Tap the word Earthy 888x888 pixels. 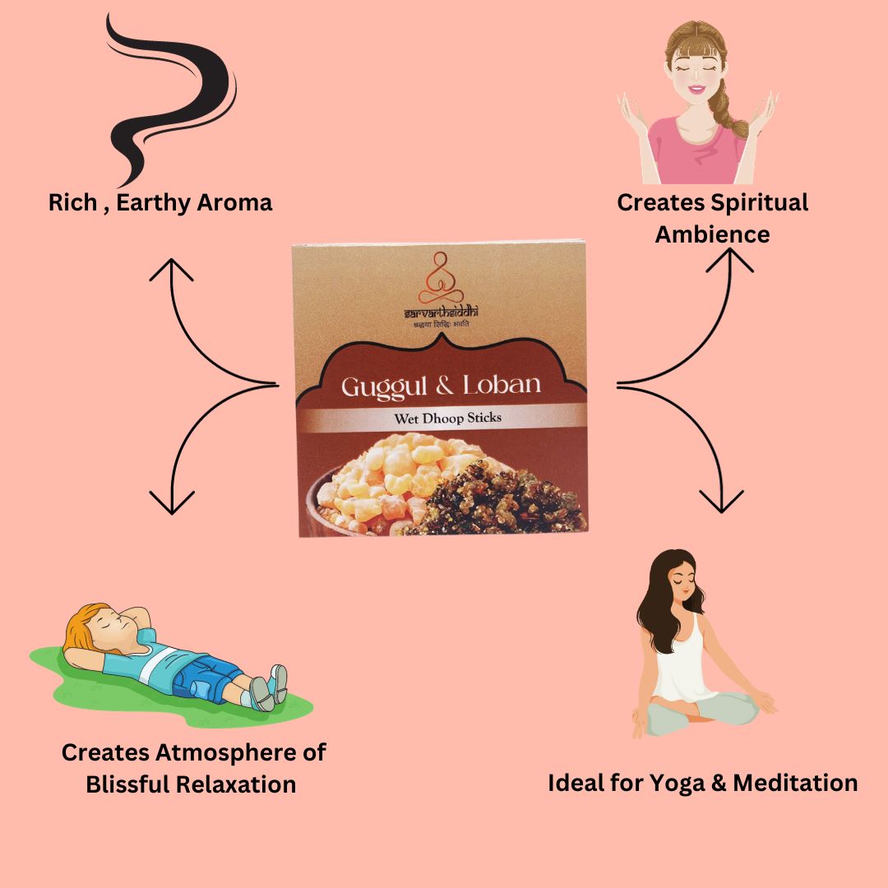[x=153, y=202]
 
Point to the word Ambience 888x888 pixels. [x=712, y=234]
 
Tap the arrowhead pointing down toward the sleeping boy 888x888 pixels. [x=172, y=502]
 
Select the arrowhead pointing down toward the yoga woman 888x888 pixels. [x=721, y=501]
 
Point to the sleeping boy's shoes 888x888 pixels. [x=271, y=687]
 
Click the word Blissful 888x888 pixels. [x=128, y=784]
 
